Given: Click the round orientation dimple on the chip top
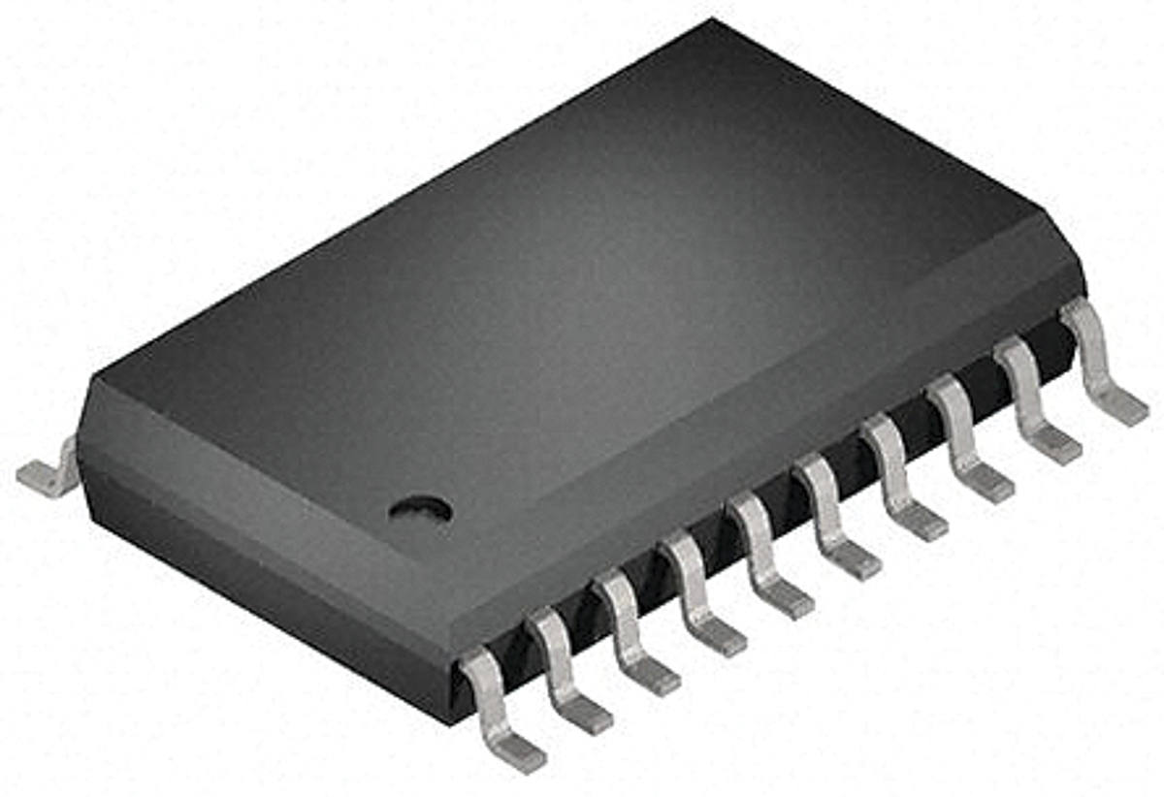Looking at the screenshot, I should [x=420, y=508].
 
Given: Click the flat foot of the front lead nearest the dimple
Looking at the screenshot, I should [x=516, y=750].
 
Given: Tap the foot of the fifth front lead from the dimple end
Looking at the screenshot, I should [x=786, y=600].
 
